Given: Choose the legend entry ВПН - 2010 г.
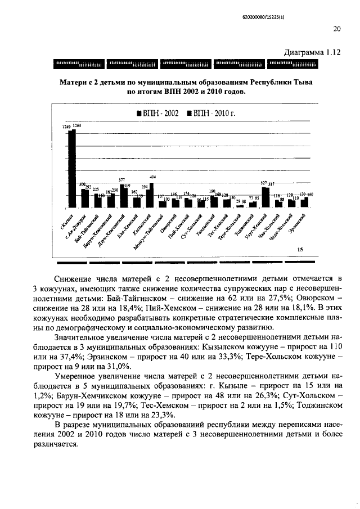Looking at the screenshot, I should pyautogui.click(x=211, y=114).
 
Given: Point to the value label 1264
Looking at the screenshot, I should pyautogui.click(x=77, y=126).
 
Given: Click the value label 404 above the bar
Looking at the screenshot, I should pyautogui.click(x=152, y=177).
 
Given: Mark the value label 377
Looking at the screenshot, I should pyautogui.click(x=121, y=179).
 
